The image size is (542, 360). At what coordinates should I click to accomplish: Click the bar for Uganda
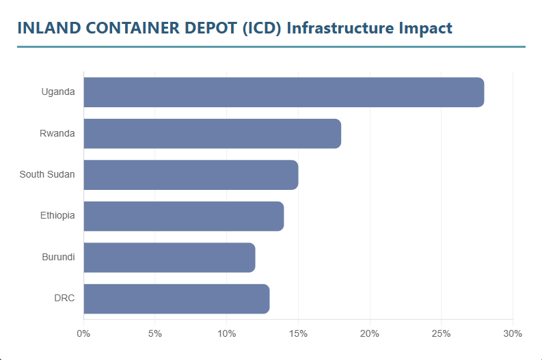pyautogui.click(x=284, y=92)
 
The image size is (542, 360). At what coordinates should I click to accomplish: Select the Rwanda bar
pyautogui.click(x=212, y=133)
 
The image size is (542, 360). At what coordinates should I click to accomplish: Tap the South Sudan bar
pyautogui.click(x=191, y=175)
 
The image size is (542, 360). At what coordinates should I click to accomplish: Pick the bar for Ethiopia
pyautogui.click(x=183, y=216)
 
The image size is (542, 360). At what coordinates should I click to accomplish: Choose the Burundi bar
pyautogui.click(x=169, y=257)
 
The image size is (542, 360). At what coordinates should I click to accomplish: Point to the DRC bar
pyautogui.click(x=176, y=299)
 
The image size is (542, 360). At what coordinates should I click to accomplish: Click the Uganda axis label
pyautogui.click(x=58, y=92)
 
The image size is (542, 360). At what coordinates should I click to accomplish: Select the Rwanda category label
pyautogui.click(x=57, y=133)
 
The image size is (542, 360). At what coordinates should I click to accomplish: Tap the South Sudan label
pyautogui.click(x=47, y=175)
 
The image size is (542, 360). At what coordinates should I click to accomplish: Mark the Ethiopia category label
pyautogui.click(x=57, y=216)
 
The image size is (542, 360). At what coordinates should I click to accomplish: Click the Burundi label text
pyautogui.click(x=58, y=257)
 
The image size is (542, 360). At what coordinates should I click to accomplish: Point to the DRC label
pyautogui.click(x=64, y=299)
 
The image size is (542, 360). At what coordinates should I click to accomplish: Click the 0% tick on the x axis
pyautogui.click(x=83, y=333)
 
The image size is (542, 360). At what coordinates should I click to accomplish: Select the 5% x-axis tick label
pyautogui.click(x=155, y=333)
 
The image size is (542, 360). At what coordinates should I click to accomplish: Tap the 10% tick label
pyautogui.click(x=226, y=333)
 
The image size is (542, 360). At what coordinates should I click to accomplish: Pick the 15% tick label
pyautogui.click(x=298, y=333)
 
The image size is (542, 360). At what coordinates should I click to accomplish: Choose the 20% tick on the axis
pyautogui.click(x=370, y=333)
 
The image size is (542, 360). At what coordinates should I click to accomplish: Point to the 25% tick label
pyautogui.click(x=441, y=333)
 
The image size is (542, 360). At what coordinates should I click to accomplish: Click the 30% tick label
pyautogui.click(x=513, y=333)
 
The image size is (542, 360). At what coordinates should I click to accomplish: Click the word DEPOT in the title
pyautogui.click(x=209, y=28)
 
